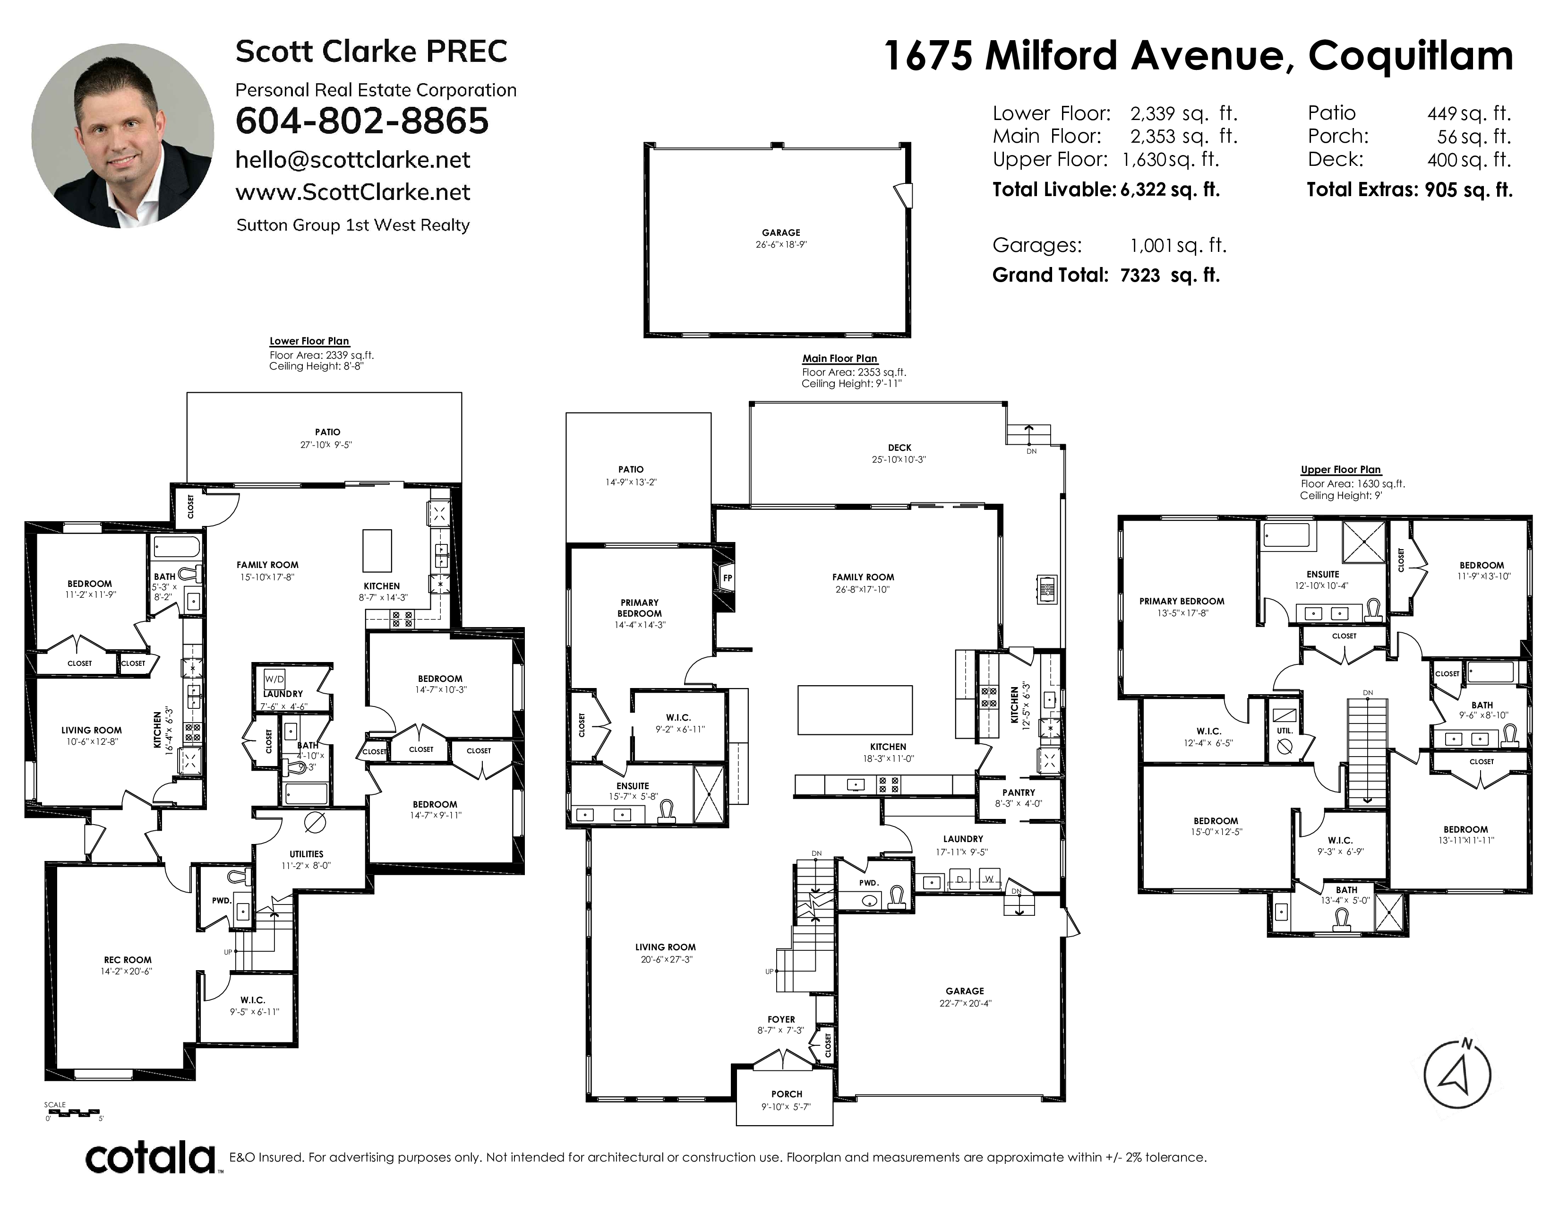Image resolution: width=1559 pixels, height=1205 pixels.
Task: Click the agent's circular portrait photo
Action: coord(123,136)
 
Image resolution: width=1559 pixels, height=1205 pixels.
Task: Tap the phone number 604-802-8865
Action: coord(362,120)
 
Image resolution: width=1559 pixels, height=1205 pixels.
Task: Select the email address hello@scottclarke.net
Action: coord(352,160)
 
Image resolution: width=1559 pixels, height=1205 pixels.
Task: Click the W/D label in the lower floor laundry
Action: coord(274,678)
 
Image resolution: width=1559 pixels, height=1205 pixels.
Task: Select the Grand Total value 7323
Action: coord(1140,275)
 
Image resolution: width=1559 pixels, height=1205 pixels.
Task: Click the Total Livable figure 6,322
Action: coord(1139,190)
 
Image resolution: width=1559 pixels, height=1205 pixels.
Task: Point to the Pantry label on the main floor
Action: coord(1019,792)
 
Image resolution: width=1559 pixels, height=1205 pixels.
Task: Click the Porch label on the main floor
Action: coord(787,1093)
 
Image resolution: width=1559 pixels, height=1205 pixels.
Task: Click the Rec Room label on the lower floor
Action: coord(128,959)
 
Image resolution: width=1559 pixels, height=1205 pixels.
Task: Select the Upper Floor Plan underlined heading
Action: coord(1341,470)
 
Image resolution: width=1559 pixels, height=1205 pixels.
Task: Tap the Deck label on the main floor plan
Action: coord(899,448)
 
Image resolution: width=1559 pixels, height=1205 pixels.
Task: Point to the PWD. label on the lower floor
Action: coord(222,900)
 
